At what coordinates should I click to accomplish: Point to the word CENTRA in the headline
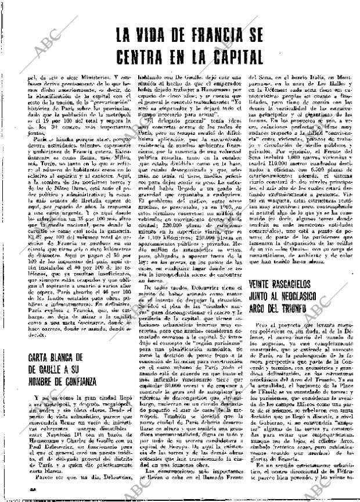[143, 58]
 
